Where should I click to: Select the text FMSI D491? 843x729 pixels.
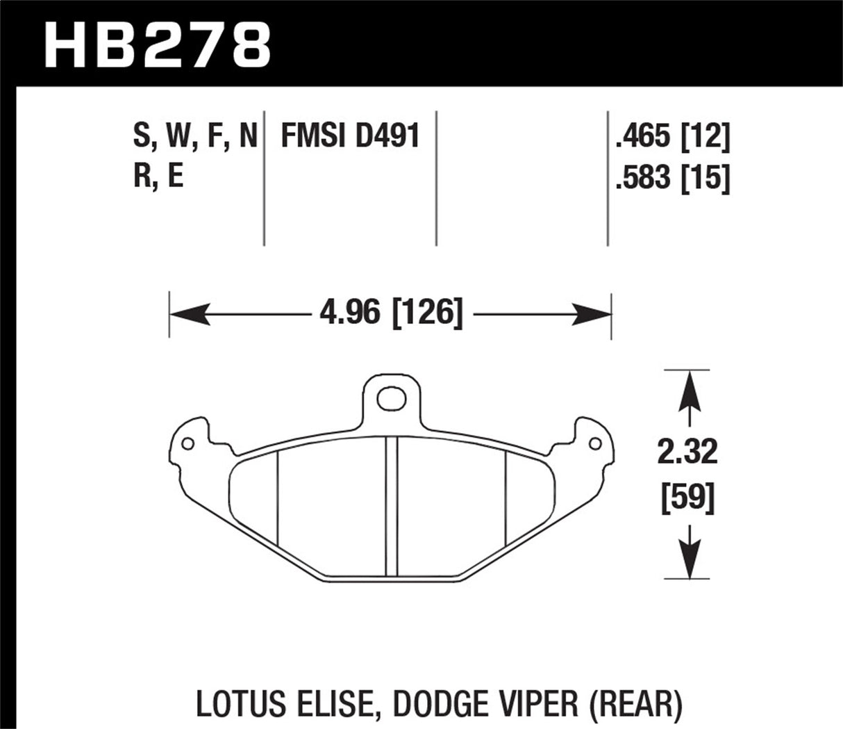coord(350,136)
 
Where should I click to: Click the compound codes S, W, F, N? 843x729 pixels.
coord(195,136)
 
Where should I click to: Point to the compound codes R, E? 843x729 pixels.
coord(158,177)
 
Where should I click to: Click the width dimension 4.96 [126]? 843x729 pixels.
coord(390,314)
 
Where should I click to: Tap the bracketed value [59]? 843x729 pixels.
coord(688,498)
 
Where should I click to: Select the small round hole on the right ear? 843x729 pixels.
coord(594,443)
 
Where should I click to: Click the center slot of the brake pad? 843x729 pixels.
coord(392,507)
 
